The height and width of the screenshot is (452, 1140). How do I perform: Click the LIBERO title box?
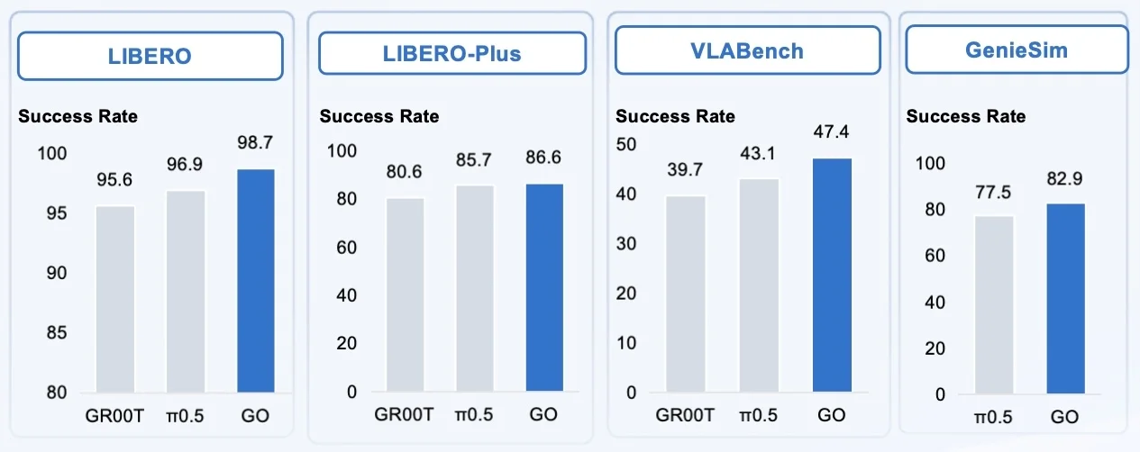tap(150, 56)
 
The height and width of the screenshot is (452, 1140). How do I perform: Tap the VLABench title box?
tap(747, 50)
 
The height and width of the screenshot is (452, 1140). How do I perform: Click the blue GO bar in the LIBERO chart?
tap(255, 280)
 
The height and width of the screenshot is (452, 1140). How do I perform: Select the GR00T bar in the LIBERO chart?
tap(115, 299)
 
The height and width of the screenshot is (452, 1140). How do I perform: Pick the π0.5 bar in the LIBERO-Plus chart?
tap(474, 288)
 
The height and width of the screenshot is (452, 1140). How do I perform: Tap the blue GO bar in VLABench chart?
tap(832, 275)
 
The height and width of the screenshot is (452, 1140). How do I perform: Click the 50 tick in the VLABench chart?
tap(625, 144)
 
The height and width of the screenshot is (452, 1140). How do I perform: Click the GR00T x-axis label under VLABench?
tap(684, 416)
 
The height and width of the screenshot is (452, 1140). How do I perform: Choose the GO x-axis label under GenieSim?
tap(1064, 417)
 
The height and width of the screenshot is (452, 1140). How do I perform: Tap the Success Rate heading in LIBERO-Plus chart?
tap(379, 116)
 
